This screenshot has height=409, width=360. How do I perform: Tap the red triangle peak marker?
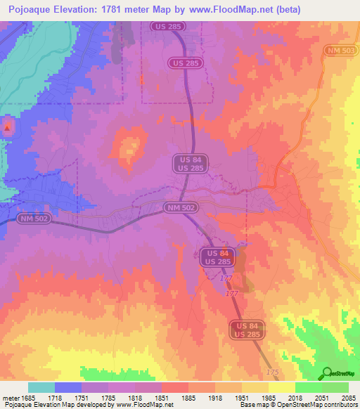[x=8, y=128]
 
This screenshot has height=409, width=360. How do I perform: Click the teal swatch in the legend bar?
[x=41, y=387]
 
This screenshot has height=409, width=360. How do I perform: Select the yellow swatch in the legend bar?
[x=281, y=387]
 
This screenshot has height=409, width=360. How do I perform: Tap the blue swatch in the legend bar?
[x=68, y=387]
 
